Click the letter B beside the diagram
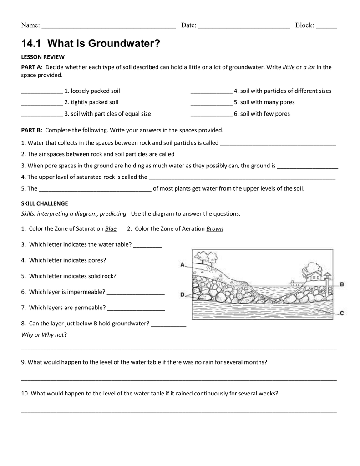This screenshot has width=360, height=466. [342, 284]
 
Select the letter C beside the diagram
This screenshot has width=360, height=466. [342, 313]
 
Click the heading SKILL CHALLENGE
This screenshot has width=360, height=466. [45, 203]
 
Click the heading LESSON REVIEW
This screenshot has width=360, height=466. [43, 57]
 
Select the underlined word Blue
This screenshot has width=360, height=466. [111, 228]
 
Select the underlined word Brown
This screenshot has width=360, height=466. [215, 228]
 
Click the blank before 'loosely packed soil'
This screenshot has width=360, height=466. [42, 91]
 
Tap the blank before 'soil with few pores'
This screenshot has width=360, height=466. [211, 114]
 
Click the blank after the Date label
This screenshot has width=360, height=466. [244, 26]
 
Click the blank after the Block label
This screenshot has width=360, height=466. [326, 26]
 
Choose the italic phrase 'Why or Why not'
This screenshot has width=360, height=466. [43, 335]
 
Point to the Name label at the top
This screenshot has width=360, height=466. [30, 25]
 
